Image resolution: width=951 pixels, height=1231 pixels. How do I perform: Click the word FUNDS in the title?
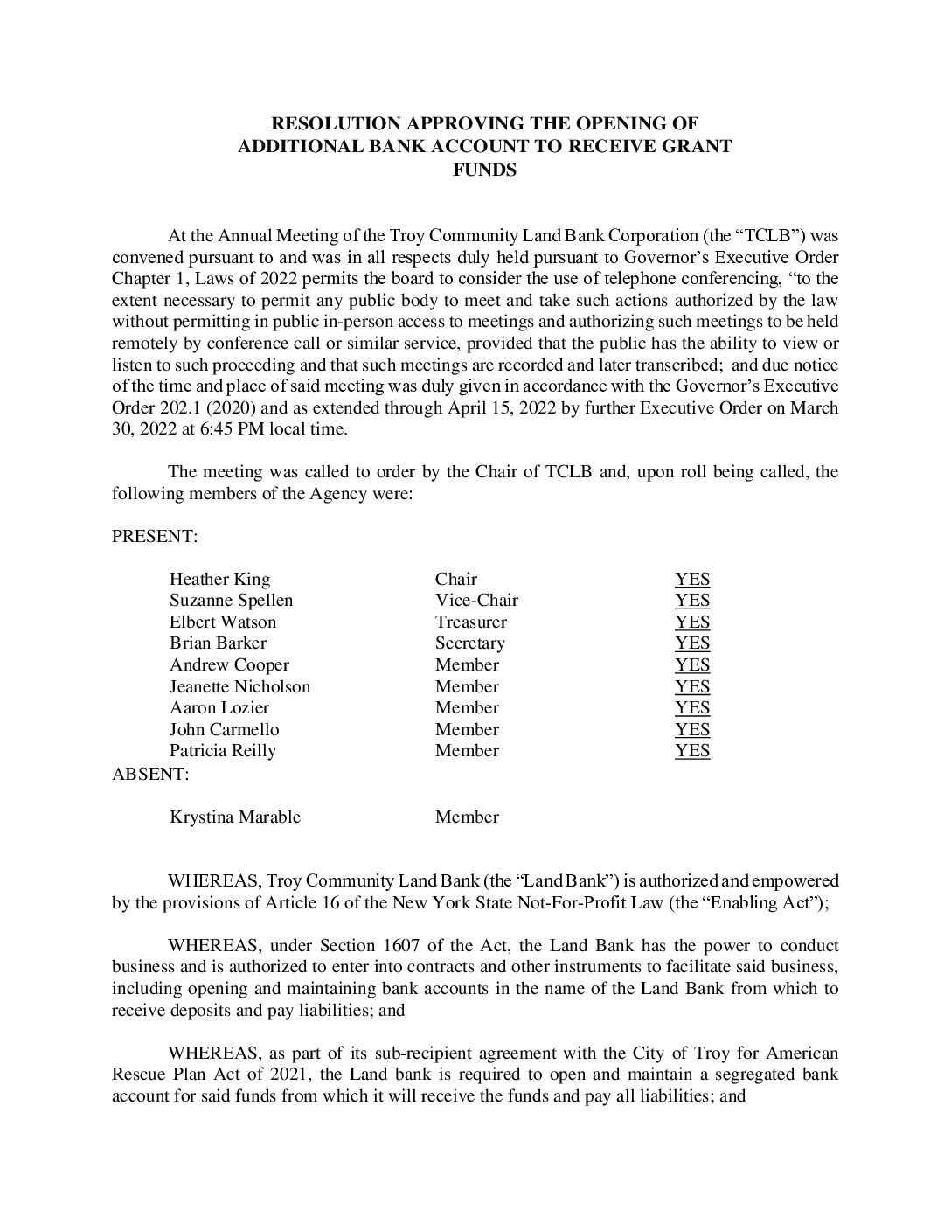click(x=484, y=170)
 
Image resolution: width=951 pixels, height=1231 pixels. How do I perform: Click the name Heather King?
click(x=219, y=580)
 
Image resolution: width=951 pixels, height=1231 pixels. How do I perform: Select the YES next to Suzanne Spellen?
click(x=691, y=601)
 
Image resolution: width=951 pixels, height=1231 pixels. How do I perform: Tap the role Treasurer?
click(x=470, y=622)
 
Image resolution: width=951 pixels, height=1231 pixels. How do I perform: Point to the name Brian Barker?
click(x=218, y=643)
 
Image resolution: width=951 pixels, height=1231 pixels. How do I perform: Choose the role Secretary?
click(x=469, y=643)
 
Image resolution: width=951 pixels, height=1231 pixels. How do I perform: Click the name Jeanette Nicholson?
click(x=239, y=687)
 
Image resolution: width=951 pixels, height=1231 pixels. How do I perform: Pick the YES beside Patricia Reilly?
click(x=691, y=751)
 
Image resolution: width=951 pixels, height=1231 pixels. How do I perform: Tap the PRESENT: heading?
click(x=155, y=537)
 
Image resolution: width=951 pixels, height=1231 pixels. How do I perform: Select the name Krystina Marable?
click(x=234, y=817)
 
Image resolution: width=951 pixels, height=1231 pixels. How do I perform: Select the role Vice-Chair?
click(x=476, y=601)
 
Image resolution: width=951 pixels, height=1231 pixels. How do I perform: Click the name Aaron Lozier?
click(x=219, y=708)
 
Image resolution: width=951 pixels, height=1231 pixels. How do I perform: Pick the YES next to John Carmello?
click(x=691, y=730)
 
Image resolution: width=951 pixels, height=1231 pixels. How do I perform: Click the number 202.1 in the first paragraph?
click(x=182, y=408)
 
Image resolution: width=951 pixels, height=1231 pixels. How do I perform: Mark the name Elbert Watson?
click(x=222, y=622)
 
